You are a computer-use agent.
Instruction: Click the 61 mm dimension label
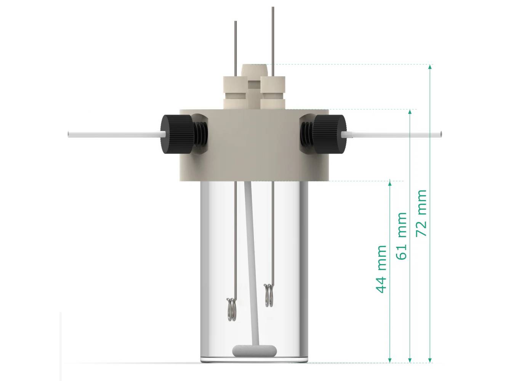pyautogui.click(x=402, y=236)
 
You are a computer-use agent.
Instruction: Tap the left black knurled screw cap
pyautogui.click(x=172, y=134)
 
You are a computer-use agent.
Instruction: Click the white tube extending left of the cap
pyautogui.click(x=114, y=134)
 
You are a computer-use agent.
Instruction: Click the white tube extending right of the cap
pyautogui.click(x=393, y=134)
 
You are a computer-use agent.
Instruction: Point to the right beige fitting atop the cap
pyautogui.click(x=273, y=91)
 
